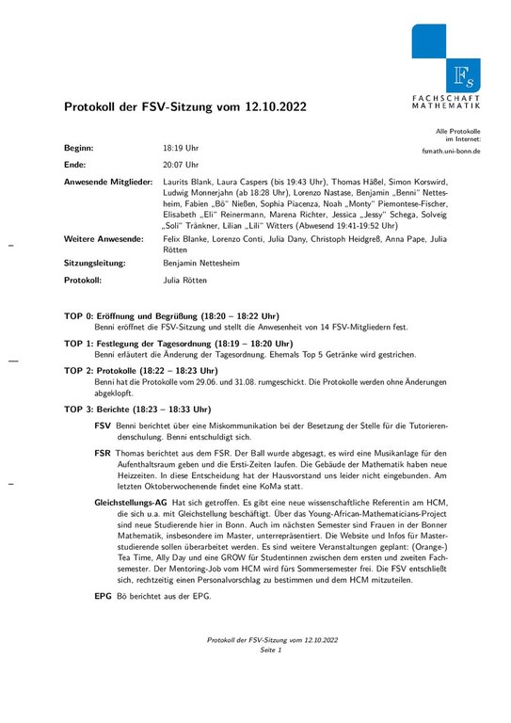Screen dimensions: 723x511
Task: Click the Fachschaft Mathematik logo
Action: tap(445, 65)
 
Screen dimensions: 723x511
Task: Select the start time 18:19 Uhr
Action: tap(181, 149)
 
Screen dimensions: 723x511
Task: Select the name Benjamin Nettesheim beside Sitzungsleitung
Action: tap(207, 265)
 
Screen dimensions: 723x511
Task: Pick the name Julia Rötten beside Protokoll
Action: tap(185, 281)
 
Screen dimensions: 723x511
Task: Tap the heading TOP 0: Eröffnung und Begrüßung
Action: tap(171, 315)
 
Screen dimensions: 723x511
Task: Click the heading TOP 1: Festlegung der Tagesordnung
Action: tap(178, 344)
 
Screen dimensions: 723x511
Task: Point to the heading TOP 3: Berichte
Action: tap(137, 410)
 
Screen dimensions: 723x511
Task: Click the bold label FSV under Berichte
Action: tap(103, 426)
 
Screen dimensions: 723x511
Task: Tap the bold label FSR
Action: tap(103, 454)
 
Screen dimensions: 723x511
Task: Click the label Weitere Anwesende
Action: tap(104, 239)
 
